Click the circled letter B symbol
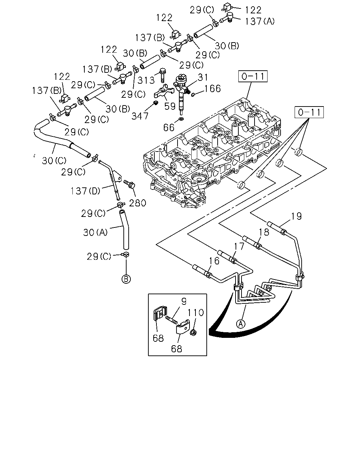point(126,279)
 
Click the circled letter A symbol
point(240,324)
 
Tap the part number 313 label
point(146,80)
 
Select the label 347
point(140,116)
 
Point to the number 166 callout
point(213,89)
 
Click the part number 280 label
point(137,203)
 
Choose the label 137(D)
point(85,191)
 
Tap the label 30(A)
point(95,232)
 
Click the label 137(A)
point(259,21)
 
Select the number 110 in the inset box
point(195,313)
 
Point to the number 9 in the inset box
point(184,301)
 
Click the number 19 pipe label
point(296,216)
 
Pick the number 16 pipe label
point(214,261)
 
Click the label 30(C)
point(54,161)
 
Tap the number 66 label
point(169,128)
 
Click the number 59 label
point(170,106)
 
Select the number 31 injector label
point(203,77)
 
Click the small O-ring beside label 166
point(193,95)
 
